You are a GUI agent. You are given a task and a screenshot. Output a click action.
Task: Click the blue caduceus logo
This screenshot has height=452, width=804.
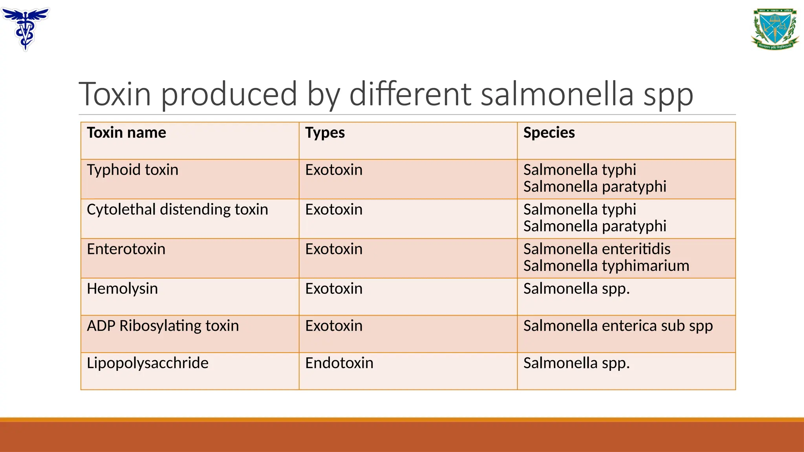pos(26,28)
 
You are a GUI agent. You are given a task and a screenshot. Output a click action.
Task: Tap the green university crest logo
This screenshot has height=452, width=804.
pos(775,29)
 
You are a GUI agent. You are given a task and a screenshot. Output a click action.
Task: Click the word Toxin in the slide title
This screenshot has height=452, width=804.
pos(115,94)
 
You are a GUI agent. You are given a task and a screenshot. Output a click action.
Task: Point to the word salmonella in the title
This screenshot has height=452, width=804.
pos(557,94)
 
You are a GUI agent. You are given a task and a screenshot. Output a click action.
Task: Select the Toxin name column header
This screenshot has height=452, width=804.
pos(126,133)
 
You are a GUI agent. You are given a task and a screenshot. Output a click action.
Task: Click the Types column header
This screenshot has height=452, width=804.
pos(325,133)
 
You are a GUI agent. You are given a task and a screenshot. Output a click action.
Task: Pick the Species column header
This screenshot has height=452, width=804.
pos(549,133)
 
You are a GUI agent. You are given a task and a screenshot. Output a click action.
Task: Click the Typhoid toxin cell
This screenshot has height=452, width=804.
pos(133,170)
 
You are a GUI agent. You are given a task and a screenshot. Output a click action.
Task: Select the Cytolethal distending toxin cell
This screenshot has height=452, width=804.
pos(177,210)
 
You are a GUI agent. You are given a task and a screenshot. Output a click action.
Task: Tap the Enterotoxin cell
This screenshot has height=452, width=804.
pos(126,249)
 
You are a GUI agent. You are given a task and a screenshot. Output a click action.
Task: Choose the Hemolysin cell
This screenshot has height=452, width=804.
pos(122,289)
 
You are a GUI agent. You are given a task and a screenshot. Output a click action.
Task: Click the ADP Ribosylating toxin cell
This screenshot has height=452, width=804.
pos(163,326)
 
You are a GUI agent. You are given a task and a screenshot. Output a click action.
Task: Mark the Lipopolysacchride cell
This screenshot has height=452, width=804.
pos(148,363)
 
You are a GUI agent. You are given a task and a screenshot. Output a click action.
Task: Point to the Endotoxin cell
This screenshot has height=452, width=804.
pos(339,363)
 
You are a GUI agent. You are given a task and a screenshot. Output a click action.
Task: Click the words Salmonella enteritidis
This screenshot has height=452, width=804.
pos(597,249)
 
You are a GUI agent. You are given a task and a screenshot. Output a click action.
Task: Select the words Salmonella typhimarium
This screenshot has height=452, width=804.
pos(606,266)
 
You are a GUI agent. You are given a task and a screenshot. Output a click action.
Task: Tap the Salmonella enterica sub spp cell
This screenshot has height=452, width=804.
pos(618,326)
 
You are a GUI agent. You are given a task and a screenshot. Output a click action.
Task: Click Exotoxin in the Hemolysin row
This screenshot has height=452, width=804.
pos(334,289)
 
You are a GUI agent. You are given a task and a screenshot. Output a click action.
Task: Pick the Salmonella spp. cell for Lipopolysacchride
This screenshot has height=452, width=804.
pos(576,363)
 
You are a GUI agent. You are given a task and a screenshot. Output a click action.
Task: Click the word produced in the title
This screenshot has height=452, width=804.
pos(229,94)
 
